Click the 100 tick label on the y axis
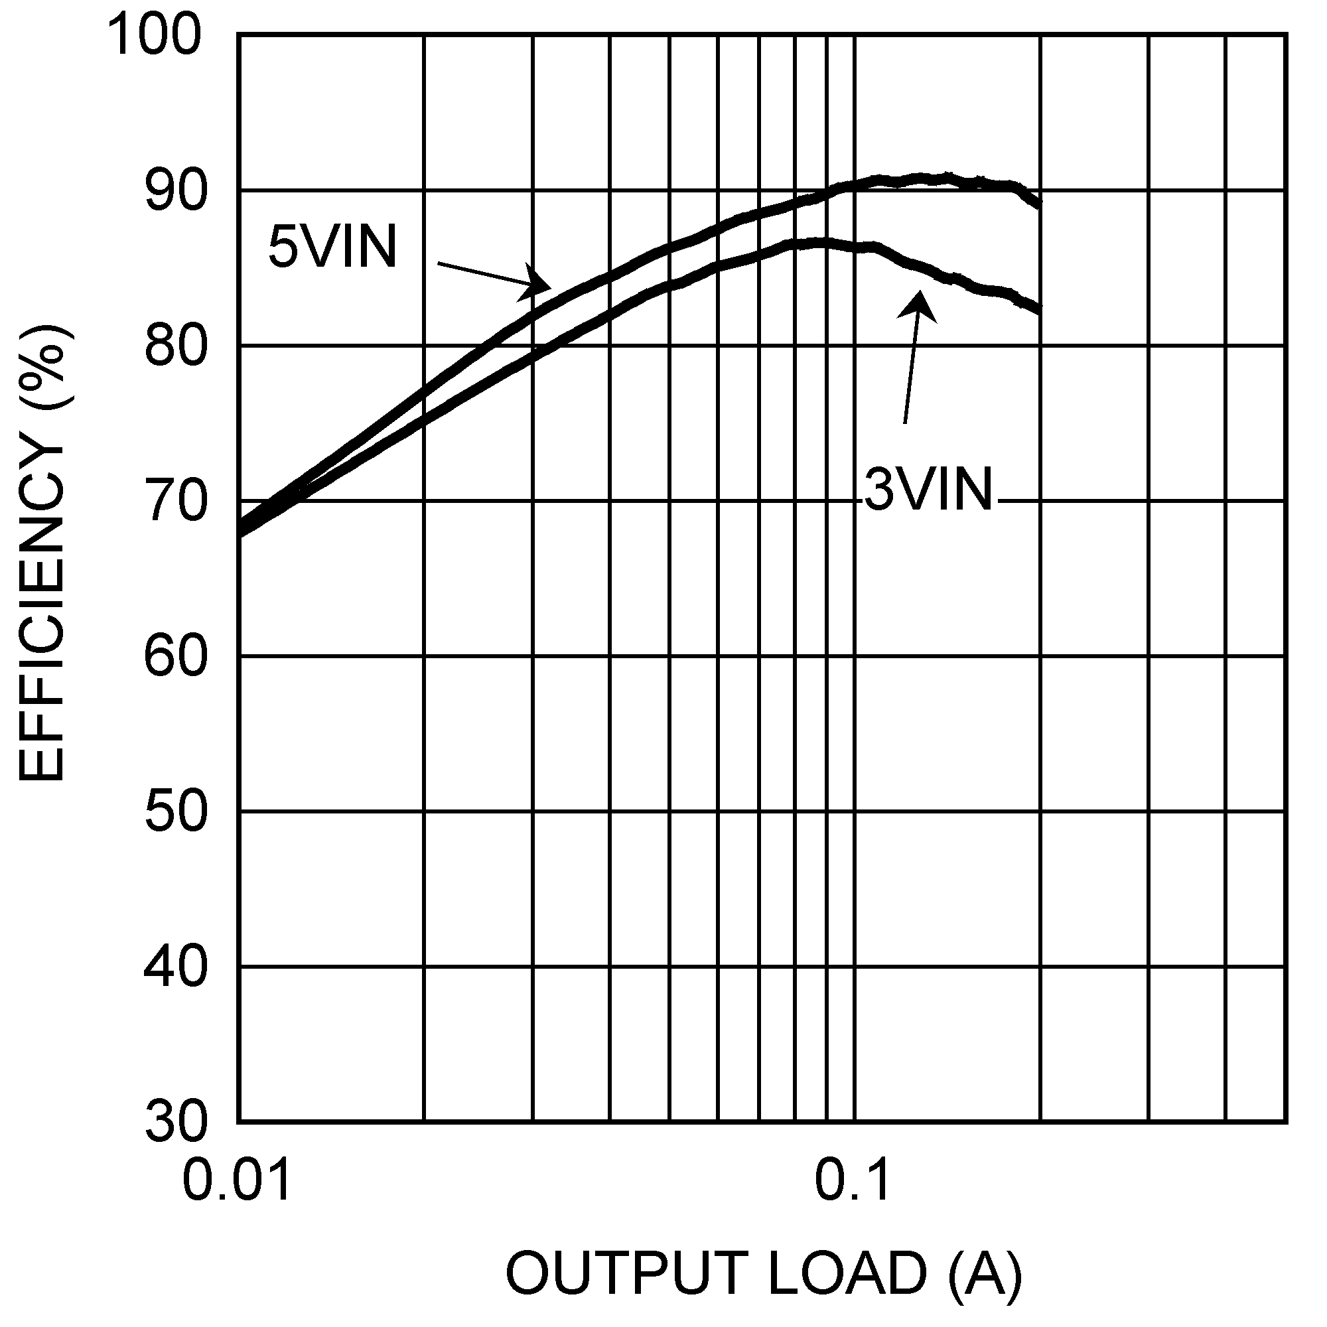[155, 35]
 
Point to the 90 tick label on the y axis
[175, 192]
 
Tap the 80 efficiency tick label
[175, 347]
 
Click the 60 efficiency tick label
[175, 658]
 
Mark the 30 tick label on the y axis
[175, 1124]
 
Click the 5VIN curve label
[332, 247]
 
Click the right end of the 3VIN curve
[1040, 310]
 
